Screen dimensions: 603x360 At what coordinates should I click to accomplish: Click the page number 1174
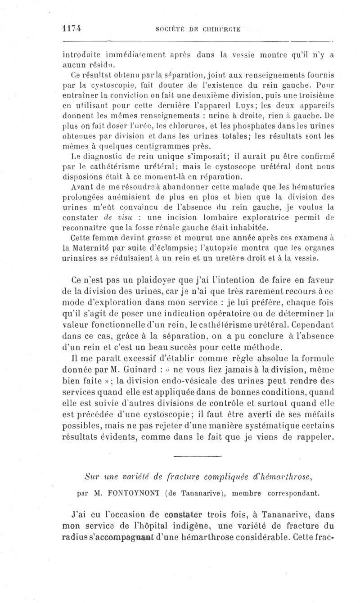point(73,27)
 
